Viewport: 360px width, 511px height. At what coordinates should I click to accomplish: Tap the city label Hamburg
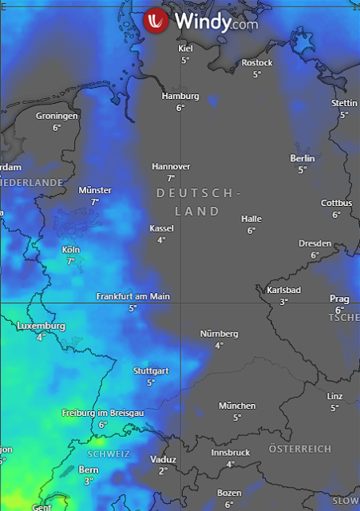(180, 96)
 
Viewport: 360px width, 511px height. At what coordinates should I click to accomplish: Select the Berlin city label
(303, 158)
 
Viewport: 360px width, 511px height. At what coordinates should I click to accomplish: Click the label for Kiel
(185, 49)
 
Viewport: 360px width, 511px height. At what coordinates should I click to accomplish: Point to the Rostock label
(257, 62)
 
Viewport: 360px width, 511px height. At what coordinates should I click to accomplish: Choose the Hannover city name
(171, 166)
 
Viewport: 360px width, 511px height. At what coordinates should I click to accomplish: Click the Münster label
(95, 190)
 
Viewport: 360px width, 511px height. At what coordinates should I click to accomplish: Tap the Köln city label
(71, 249)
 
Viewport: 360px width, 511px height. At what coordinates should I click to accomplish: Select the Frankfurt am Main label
(133, 296)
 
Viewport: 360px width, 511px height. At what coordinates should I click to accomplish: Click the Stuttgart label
(151, 371)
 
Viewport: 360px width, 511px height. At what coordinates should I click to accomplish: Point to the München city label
(237, 406)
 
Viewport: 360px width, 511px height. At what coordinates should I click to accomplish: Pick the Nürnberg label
(219, 334)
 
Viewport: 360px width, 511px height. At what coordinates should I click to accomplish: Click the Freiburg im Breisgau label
(103, 413)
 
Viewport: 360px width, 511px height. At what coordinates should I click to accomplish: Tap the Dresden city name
(315, 244)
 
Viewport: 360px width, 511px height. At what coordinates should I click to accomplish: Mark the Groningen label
(57, 116)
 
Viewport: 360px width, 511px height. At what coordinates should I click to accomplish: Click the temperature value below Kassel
(161, 240)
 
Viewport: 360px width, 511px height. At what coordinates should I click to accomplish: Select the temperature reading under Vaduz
(163, 471)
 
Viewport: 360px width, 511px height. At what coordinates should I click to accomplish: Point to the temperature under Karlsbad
(283, 302)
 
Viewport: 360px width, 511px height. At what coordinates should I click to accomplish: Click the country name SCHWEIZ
(103, 454)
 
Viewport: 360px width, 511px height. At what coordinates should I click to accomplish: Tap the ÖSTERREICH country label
(300, 449)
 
